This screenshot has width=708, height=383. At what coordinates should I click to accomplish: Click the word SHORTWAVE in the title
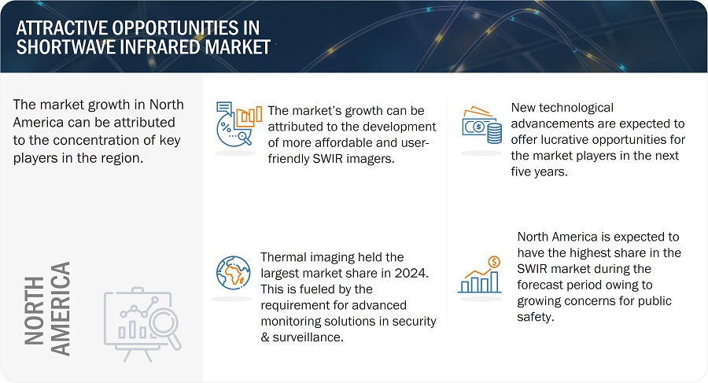coord(61,47)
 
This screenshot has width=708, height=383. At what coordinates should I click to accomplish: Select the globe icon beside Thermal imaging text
coord(233,273)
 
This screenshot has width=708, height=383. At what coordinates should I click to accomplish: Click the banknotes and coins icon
coord(481,125)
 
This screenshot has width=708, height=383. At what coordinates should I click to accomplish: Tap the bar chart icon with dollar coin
coord(480,274)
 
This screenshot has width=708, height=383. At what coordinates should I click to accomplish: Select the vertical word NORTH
coord(34,311)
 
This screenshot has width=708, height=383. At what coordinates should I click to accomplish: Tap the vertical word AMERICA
coord(60,309)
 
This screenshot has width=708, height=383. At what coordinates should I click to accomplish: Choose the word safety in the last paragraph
coord(536,317)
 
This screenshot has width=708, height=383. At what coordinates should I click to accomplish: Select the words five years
coord(539,172)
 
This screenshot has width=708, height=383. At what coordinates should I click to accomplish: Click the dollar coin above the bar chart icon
coord(495,262)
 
